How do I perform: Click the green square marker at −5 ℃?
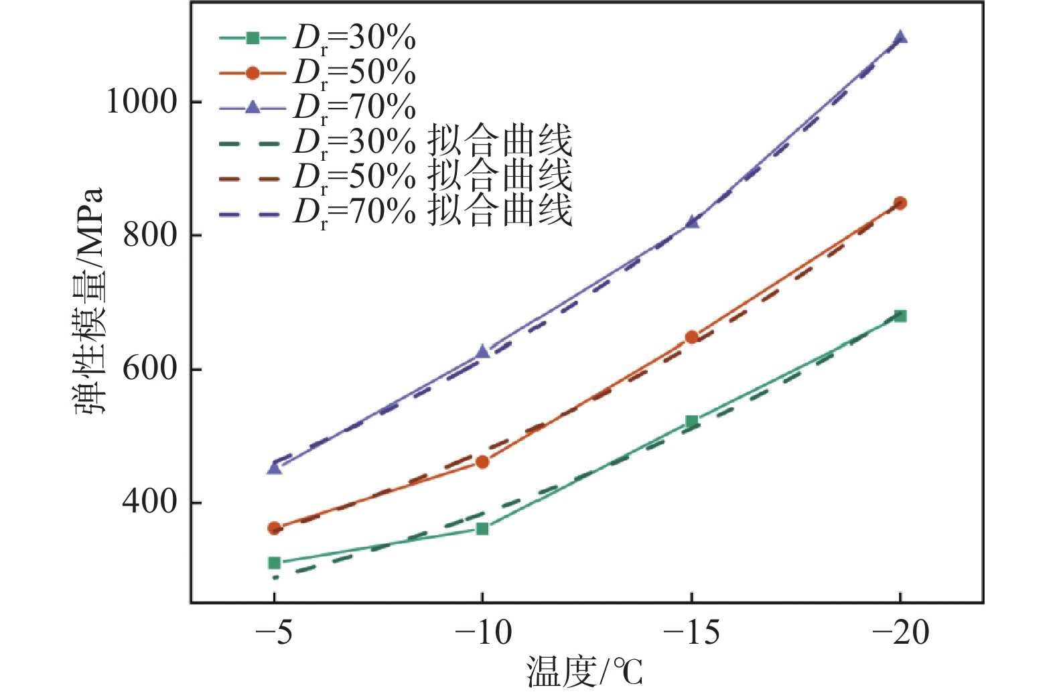[x=274, y=563]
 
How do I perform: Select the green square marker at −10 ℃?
[x=482, y=529]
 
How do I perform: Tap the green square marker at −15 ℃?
[x=692, y=421]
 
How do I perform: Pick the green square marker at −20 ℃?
[x=900, y=316]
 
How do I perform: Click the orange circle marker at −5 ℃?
[x=274, y=528]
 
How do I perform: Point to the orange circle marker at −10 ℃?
[x=482, y=462]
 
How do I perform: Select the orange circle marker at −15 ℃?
[x=692, y=337]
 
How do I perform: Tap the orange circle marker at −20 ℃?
[x=900, y=203]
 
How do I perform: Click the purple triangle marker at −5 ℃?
[x=274, y=468]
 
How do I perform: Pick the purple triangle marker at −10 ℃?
[x=482, y=352]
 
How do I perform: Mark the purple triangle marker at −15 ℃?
[x=692, y=222]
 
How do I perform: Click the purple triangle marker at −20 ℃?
[x=900, y=38]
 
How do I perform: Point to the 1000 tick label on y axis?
[x=142, y=102]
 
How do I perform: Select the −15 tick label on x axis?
[x=691, y=632]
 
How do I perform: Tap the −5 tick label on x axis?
[x=274, y=632]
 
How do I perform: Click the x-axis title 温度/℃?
[x=584, y=672]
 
